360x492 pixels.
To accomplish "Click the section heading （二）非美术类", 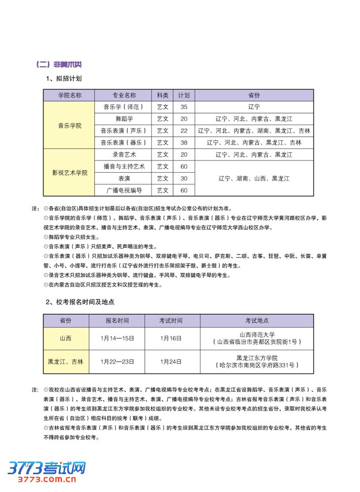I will coord(59,64).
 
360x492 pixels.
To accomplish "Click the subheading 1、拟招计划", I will coord(63,79).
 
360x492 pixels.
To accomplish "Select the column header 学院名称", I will coord(69,95).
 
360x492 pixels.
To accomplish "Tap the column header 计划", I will coord(183,95).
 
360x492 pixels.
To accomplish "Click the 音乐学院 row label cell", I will coord(69,125).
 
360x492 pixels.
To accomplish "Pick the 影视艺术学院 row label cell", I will coord(69,173).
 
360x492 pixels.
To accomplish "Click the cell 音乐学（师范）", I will coord(123,107).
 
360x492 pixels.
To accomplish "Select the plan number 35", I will coord(183,107).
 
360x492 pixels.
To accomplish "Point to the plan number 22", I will coord(183,131).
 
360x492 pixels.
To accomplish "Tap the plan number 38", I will coord(183,143).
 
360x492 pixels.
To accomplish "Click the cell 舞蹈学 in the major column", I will coord(123,119).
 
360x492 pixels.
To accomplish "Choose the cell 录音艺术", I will coord(123,154).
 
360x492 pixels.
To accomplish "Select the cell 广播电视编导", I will coord(123,190).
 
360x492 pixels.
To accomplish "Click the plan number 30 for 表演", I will coord(183,178).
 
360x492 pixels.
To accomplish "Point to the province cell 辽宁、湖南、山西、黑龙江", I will coord(254,178).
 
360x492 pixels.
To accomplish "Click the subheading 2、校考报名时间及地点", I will coord(80,302).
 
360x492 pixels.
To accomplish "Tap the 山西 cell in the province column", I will coord(66,338).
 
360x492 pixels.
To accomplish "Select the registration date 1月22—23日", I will coord(117,362).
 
